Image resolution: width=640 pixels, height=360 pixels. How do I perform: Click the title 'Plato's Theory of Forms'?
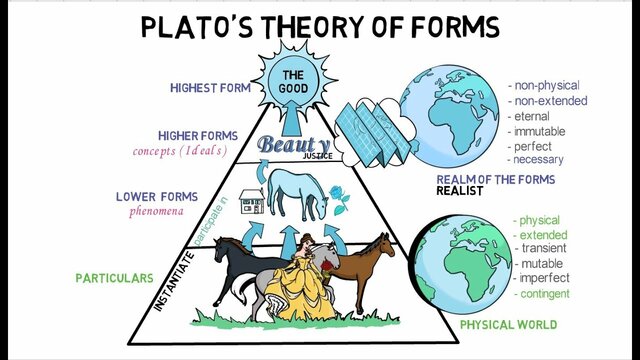(320, 27)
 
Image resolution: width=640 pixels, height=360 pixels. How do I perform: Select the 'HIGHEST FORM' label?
(210, 87)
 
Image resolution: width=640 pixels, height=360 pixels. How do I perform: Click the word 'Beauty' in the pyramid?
(291, 145)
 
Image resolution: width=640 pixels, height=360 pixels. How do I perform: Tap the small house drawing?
(251, 202)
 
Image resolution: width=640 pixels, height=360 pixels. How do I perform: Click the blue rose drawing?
(341, 201)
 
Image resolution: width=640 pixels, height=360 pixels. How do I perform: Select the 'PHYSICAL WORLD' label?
(507, 325)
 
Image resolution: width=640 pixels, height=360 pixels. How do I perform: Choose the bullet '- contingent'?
(541, 294)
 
